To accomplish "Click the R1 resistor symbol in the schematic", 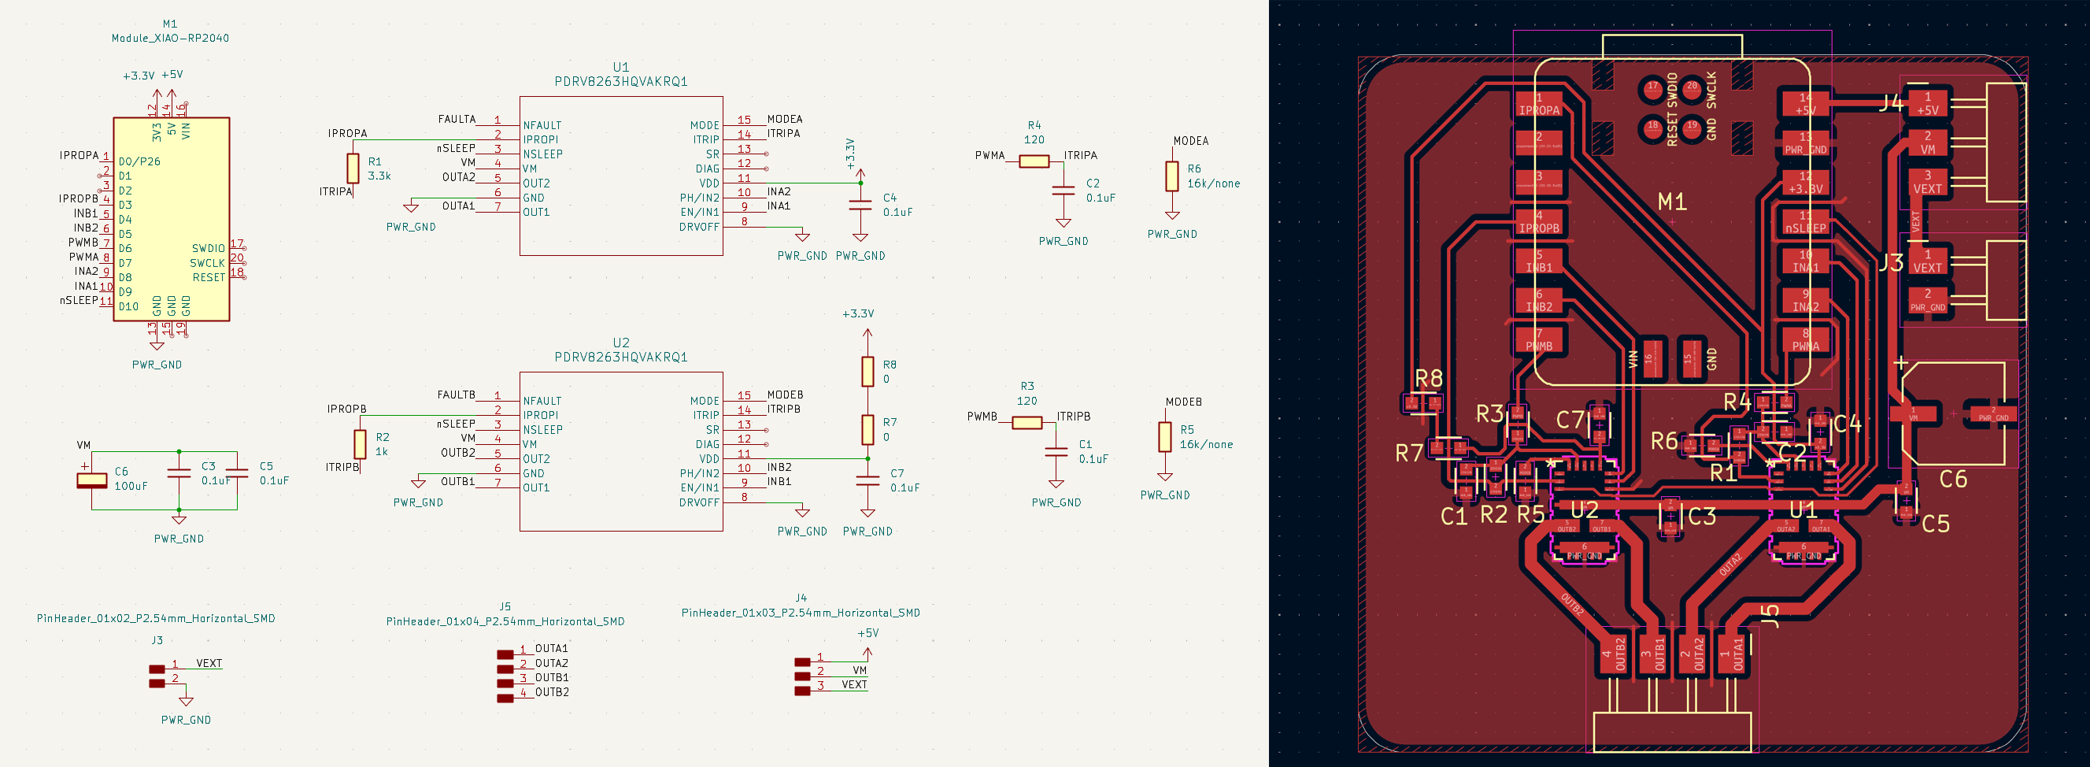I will click(x=353, y=168).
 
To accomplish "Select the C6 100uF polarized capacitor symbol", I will click(x=91, y=480).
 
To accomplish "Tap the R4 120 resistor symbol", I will click(x=1034, y=161).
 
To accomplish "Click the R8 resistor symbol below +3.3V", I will click(x=867, y=372).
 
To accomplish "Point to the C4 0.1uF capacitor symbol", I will click(x=860, y=205).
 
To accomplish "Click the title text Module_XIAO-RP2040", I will click(x=170, y=38).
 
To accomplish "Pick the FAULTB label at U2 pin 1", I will click(x=456, y=395).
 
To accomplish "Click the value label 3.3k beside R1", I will click(x=379, y=176).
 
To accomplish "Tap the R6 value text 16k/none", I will click(x=1213, y=184).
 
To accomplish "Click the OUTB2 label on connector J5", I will click(x=552, y=692).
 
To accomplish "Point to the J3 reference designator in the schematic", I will click(x=157, y=640).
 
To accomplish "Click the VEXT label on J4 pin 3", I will click(x=853, y=685).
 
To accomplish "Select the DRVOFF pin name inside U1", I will click(x=698, y=228).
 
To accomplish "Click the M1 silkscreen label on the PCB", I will click(x=1672, y=202).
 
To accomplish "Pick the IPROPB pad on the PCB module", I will click(x=1539, y=222).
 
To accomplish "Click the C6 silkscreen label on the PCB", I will click(x=1953, y=479).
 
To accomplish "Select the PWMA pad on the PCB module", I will click(x=1805, y=340).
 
